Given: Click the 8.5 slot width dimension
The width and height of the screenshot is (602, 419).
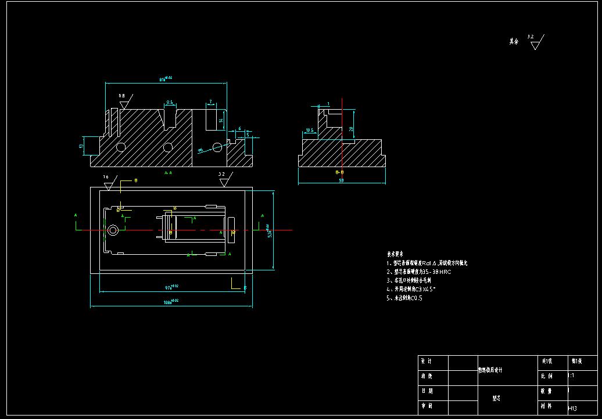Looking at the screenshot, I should click(170, 102).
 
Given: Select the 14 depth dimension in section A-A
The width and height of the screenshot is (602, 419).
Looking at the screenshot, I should click(221, 120).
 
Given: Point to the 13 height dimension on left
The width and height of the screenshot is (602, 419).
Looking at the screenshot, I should click(81, 146).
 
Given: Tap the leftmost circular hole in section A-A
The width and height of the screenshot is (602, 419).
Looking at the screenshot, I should click(121, 147).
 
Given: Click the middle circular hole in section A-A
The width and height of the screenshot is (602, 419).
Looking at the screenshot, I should click(168, 147).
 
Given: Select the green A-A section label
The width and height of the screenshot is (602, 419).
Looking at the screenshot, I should click(168, 172).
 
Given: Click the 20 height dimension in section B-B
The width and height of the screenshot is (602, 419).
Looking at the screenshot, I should click(351, 129).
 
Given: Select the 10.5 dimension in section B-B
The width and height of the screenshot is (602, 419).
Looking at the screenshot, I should click(309, 131).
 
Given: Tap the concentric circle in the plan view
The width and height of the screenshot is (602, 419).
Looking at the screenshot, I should click(112, 230).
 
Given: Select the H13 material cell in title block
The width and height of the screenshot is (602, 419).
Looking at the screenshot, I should click(572, 408).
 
